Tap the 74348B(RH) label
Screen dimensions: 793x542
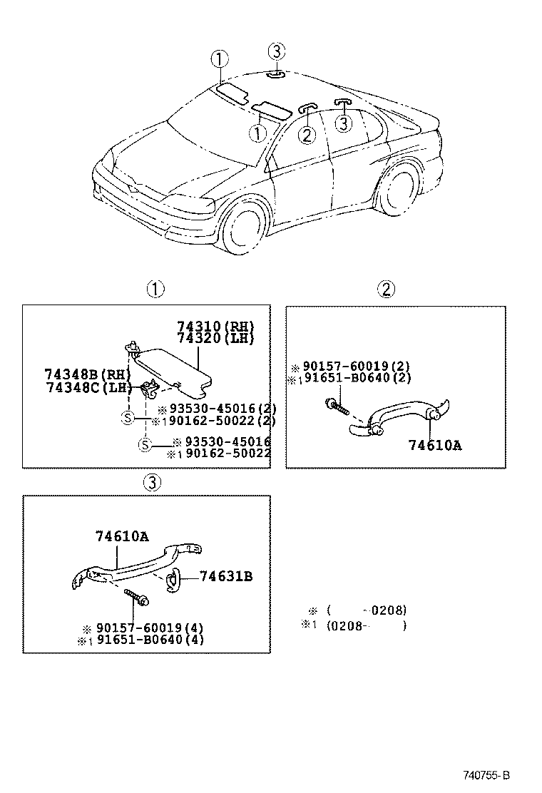coord(88,374)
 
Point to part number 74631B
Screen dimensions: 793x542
coord(225,576)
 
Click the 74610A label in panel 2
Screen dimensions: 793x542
coord(435,446)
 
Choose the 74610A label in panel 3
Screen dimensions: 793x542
coord(122,537)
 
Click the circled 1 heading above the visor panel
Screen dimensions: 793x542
coord(155,290)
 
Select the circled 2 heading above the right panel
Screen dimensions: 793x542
coord(386,290)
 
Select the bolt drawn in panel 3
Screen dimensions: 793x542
coord(136,598)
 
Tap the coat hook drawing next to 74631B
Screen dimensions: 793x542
coord(173,581)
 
